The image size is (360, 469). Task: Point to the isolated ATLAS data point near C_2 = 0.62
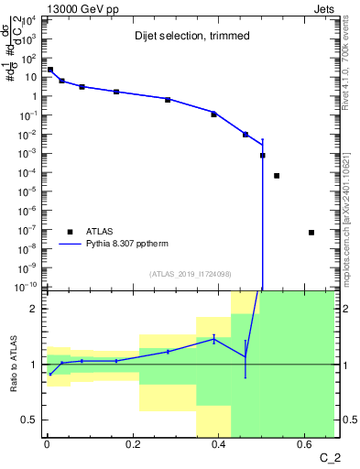coord(311,232)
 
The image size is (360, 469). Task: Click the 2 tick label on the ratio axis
coord(36,310)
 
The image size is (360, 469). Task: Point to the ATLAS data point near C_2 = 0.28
coord(168,99)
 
